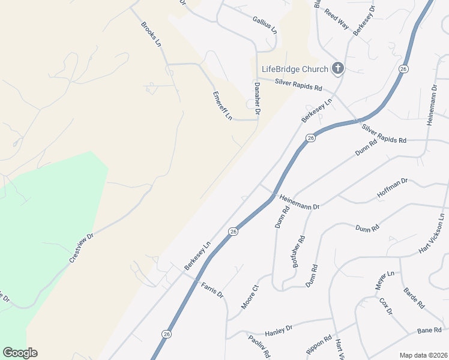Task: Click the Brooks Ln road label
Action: click(151, 34)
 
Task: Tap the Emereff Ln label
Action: click(221, 106)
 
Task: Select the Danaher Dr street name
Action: click(257, 98)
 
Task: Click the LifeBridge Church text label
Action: click(294, 68)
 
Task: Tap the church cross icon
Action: click(337, 68)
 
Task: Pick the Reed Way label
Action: click(337, 20)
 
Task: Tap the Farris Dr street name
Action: click(212, 290)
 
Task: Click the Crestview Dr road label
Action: click(82, 247)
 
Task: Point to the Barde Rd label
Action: click(414, 298)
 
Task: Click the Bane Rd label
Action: click(429, 331)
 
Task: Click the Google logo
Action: click(20, 353)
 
